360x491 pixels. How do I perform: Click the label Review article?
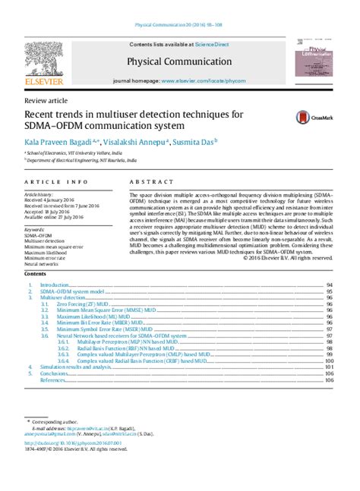40,100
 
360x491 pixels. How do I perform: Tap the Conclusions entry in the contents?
56,373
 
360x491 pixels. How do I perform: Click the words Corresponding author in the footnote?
52,420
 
